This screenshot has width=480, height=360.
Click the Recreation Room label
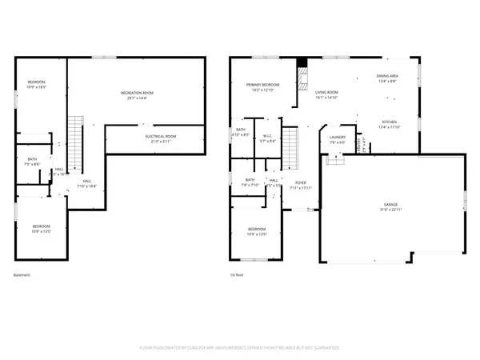137,94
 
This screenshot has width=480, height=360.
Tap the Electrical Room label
160,136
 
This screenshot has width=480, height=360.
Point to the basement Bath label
32,159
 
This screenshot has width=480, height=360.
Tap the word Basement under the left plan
22,275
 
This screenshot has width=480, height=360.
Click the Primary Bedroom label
262,85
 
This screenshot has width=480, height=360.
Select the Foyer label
301,183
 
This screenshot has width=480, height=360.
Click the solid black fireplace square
301,63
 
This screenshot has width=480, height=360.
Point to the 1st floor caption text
236,275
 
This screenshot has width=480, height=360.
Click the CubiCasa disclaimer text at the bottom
239,348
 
